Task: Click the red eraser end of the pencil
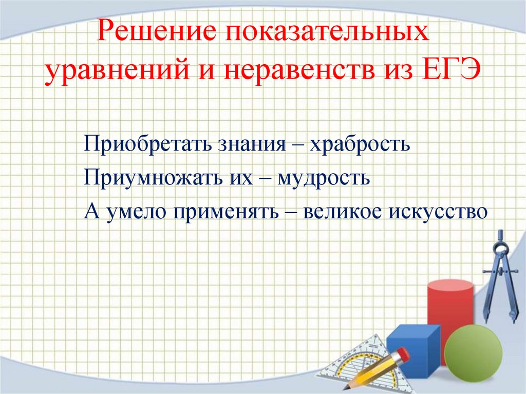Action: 403,353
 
